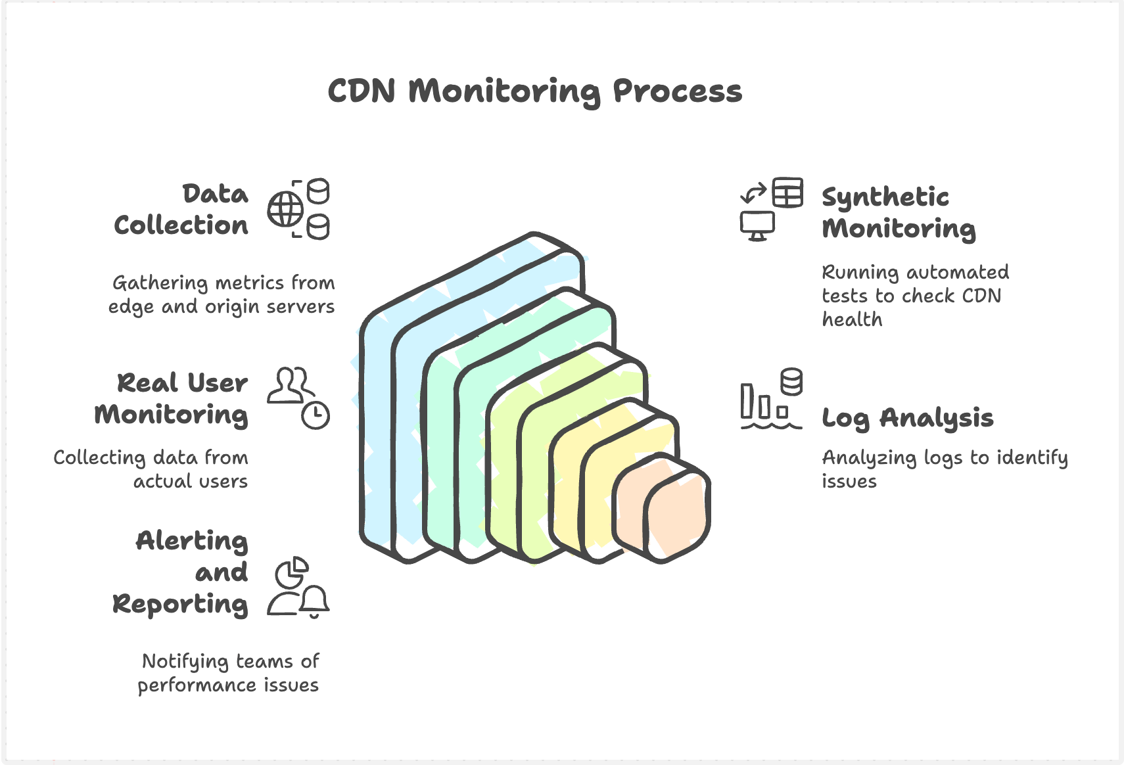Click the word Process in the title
(677, 91)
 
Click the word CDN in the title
(362, 91)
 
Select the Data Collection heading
(181, 209)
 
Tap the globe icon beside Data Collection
(285, 210)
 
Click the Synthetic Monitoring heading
(898, 212)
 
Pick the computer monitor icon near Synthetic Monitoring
(757, 225)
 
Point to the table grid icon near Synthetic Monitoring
(787, 193)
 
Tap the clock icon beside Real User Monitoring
(316, 415)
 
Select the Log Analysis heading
(907, 418)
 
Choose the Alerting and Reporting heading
(181, 572)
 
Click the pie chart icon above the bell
(291, 573)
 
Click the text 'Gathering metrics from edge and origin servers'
(222, 294)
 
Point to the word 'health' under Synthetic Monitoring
(852, 319)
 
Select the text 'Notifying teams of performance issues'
(229, 673)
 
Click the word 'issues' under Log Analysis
(849, 481)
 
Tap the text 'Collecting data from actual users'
(151, 469)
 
